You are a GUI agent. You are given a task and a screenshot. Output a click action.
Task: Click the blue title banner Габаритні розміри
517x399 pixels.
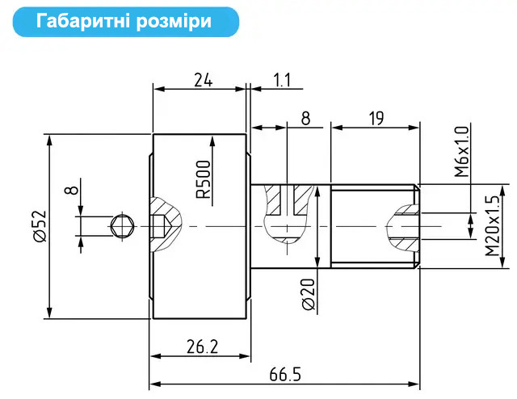(126, 22)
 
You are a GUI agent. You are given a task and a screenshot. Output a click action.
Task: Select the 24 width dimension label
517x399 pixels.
(203, 80)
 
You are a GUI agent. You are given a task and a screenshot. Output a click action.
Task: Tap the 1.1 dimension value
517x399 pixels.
(282, 80)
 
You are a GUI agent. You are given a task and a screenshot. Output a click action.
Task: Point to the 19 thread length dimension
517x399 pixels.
(376, 119)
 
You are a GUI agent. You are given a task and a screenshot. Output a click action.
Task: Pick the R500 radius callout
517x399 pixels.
(203, 180)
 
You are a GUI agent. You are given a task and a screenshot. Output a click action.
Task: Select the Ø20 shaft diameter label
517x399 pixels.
(309, 294)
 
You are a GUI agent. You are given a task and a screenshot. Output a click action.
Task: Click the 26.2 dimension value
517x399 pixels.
(203, 346)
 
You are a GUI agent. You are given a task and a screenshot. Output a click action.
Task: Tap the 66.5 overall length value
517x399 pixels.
(285, 375)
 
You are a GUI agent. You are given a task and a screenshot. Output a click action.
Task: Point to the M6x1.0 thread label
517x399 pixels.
(461, 152)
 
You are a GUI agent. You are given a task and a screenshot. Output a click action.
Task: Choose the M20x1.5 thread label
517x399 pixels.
(492, 226)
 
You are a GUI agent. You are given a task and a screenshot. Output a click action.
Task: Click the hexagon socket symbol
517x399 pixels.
(122, 226)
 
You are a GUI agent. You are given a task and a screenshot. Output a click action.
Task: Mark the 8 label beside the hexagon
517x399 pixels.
(73, 189)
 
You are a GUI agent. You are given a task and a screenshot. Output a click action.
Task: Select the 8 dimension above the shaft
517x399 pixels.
(306, 119)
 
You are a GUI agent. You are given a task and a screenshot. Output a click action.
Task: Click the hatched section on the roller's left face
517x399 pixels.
(166, 225)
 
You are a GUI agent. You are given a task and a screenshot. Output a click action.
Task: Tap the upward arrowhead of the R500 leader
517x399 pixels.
(212, 142)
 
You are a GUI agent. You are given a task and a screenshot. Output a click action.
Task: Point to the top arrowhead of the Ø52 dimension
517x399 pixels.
(49, 141)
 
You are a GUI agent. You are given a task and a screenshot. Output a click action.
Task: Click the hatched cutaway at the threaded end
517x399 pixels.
(404, 228)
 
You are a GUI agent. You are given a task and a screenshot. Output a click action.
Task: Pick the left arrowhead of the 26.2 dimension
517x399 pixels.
(156, 356)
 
